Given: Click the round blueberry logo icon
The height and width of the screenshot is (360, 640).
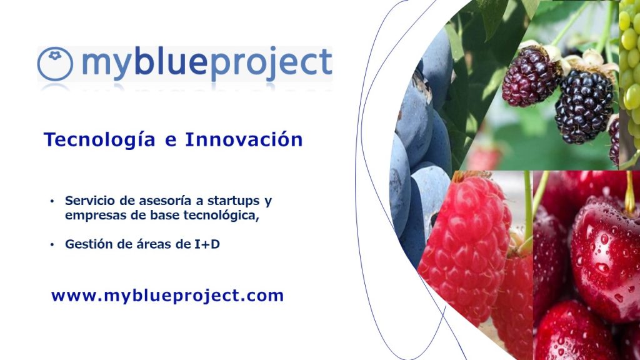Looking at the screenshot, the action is coord(55,64).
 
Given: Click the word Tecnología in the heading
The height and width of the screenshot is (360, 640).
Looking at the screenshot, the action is coord(99,140).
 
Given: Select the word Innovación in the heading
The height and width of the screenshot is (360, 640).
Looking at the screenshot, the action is coord(244,139).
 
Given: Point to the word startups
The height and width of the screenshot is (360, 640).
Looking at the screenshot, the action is coord(234,202).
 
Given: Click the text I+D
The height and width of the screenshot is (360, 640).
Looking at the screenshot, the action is coord(206,244).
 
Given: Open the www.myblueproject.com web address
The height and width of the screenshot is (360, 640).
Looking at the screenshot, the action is coord(167,296).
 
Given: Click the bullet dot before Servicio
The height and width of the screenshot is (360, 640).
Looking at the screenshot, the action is coord(52,201).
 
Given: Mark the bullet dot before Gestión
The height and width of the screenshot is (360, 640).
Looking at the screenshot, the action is coord(52,244).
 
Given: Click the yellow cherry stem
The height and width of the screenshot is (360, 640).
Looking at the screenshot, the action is coord(630,192).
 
